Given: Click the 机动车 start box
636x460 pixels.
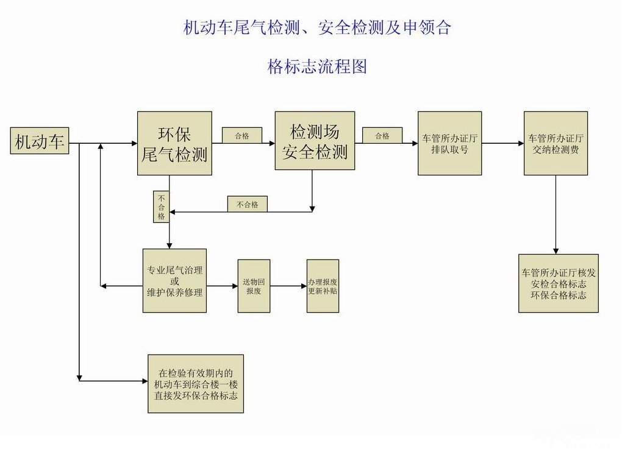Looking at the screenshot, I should click(40, 141).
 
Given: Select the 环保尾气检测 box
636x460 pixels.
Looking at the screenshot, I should click(174, 143).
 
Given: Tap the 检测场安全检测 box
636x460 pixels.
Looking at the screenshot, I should click(315, 141).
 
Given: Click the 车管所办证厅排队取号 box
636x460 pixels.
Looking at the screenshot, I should click(449, 143).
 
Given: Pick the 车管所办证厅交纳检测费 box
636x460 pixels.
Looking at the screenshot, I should click(556, 143).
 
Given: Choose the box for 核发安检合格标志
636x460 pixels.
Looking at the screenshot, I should click(558, 283).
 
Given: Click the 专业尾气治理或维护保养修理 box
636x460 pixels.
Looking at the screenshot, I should click(174, 280).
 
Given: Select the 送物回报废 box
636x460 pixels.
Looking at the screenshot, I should click(254, 286).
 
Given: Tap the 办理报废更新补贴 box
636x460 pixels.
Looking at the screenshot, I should click(323, 286).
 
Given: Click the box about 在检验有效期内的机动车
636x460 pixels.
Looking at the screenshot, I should click(196, 383).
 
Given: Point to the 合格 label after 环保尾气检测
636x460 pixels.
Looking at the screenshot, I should click(241, 135).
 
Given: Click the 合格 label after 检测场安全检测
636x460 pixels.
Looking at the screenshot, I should click(382, 135).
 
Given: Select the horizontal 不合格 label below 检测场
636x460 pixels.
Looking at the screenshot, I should click(247, 204).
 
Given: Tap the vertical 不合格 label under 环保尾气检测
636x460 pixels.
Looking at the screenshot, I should click(161, 207).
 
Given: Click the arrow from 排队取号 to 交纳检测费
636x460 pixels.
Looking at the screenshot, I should click(502, 143).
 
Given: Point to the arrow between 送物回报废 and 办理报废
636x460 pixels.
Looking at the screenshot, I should click(288, 286).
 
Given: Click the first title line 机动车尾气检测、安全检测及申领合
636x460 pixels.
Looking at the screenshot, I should click(317, 28).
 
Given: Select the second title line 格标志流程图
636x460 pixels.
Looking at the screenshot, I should click(317, 66).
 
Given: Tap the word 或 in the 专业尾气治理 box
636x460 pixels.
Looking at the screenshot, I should click(174, 281).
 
